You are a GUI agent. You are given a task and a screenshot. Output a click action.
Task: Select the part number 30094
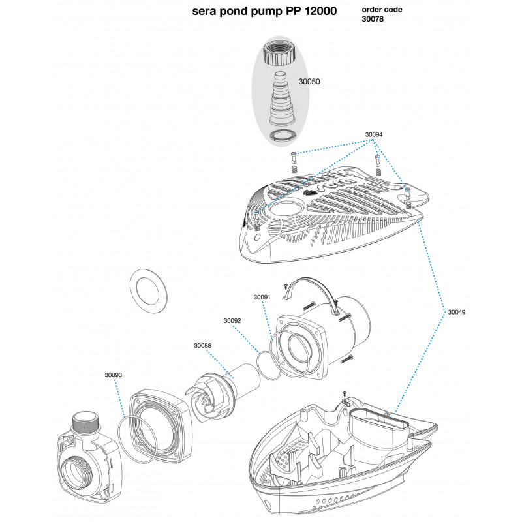(x=374, y=134)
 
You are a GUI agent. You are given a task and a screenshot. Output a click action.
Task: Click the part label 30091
(x=262, y=296)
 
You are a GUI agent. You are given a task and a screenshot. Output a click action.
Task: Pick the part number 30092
(x=232, y=321)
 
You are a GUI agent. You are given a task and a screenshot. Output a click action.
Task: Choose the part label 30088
(x=203, y=346)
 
